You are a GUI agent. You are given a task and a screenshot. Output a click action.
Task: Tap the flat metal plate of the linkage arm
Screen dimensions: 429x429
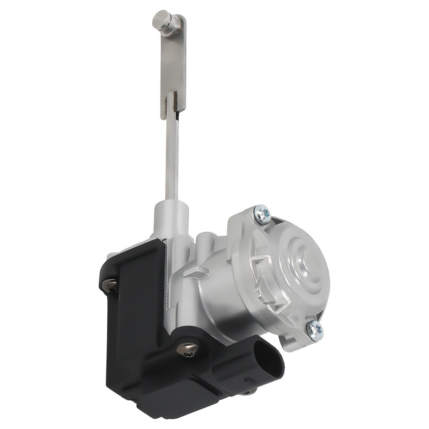click(x=174, y=64)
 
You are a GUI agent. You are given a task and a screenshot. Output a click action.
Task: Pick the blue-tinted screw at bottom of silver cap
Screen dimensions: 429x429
click(x=315, y=329)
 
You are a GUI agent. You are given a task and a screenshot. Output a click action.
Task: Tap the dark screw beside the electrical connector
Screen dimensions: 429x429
click(x=187, y=350)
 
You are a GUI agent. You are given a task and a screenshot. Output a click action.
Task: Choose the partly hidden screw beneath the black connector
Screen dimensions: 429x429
click(x=253, y=390)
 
